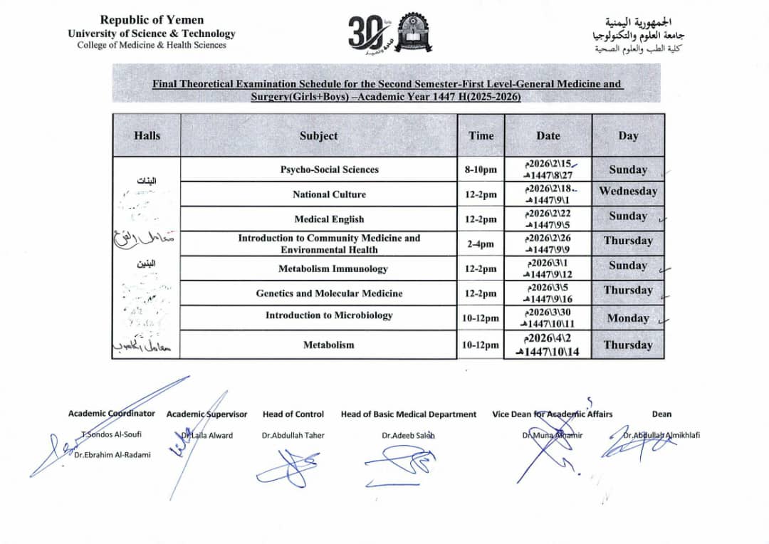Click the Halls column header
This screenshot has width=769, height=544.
click(x=147, y=135)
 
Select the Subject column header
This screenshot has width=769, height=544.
click(x=318, y=135)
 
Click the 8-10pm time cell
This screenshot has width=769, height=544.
click(x=481, y=169)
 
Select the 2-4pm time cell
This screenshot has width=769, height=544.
click(x=481, y=244)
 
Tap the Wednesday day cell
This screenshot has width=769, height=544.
click(x=628, y=191)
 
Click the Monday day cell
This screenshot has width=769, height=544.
click(x=628, y=318)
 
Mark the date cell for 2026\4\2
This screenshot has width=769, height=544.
click(x=548, y=345)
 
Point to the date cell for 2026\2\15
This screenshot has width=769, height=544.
click(x=548, y=169)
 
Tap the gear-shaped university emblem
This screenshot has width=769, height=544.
click(x=413, y=31)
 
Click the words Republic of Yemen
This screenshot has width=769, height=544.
click(x=152, y=20)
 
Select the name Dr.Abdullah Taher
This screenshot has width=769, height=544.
click(x=293, y=435)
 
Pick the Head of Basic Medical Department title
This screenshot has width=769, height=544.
click(x=409, y=414)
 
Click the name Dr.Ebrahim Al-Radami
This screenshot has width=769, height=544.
click(x=113, y=455)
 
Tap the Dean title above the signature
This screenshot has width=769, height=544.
click(x=661, y=414)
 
